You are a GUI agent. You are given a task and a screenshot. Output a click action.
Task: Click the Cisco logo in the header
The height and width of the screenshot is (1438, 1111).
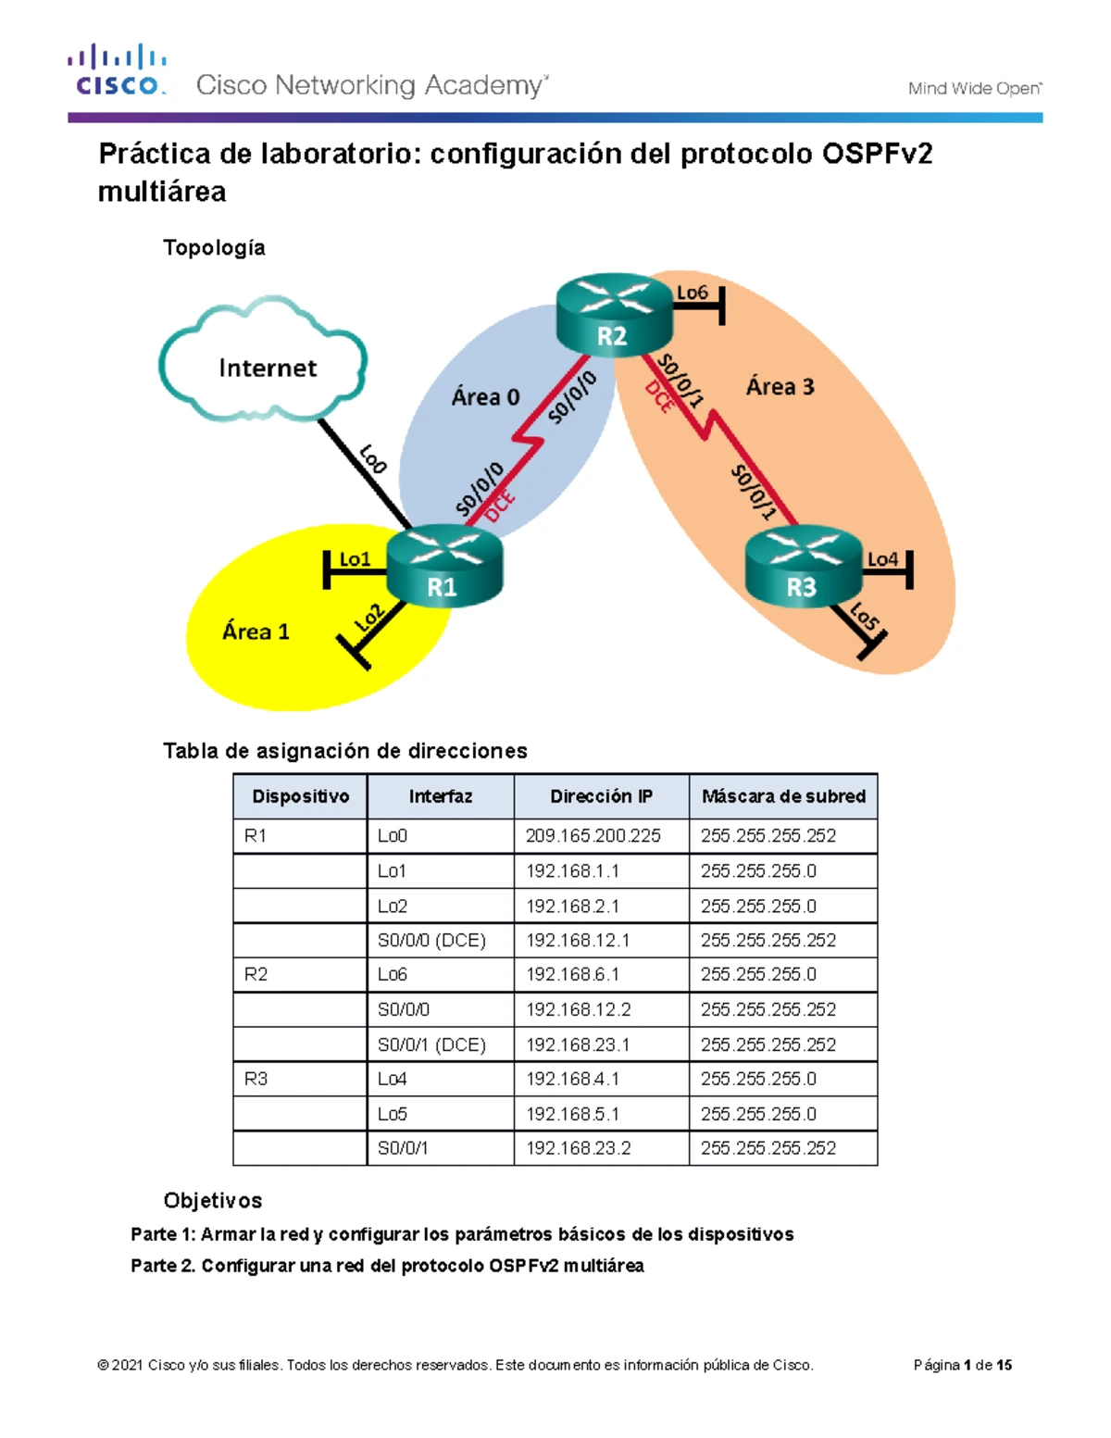[x=117, y=70]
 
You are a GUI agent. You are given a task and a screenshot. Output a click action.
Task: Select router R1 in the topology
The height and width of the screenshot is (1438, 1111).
[x=443, y=567]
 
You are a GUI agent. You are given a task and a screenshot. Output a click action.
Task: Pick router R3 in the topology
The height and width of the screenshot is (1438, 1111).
[x=803, y=567]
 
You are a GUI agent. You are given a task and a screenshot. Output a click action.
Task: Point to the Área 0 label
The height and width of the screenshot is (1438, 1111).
[x=485, y=397]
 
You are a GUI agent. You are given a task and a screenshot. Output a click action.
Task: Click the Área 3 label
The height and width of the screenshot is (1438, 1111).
[x=780, y=387]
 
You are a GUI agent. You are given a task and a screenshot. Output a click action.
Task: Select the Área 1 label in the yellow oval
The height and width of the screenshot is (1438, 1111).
[x=256, y=631]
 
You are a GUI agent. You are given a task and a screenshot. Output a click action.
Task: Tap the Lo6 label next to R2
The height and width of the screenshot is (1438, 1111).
[x=692, y=293]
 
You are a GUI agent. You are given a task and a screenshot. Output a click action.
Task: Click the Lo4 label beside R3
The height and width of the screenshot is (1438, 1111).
[x=881, y=559]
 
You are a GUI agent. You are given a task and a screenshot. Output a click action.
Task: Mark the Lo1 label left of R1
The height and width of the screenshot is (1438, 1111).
[x=354, y=559]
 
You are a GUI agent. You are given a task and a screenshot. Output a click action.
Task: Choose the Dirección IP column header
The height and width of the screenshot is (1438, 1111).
[x=601, y=796]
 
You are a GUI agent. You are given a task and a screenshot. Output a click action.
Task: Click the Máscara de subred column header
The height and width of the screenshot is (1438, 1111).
[x=783, y=796]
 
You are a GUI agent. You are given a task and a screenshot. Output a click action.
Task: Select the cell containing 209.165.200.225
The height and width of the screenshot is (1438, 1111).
[x=593, y=835]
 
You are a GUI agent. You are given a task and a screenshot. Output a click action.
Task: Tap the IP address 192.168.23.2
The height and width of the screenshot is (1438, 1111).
[x=579, y=1148]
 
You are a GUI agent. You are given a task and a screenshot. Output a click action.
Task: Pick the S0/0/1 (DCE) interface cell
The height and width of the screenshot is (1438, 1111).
[x=431, y=1044]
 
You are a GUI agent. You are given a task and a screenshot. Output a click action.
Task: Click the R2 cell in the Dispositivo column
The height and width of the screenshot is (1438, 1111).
[x=256, y=974]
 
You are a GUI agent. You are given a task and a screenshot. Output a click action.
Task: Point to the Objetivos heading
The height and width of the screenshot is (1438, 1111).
[x=213, y=1201]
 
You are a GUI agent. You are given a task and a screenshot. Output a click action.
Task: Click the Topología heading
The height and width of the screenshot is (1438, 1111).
[x=214, y=248]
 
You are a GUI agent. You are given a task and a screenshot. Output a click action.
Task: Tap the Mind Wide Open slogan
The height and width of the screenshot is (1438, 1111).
[x=974, y=89]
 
